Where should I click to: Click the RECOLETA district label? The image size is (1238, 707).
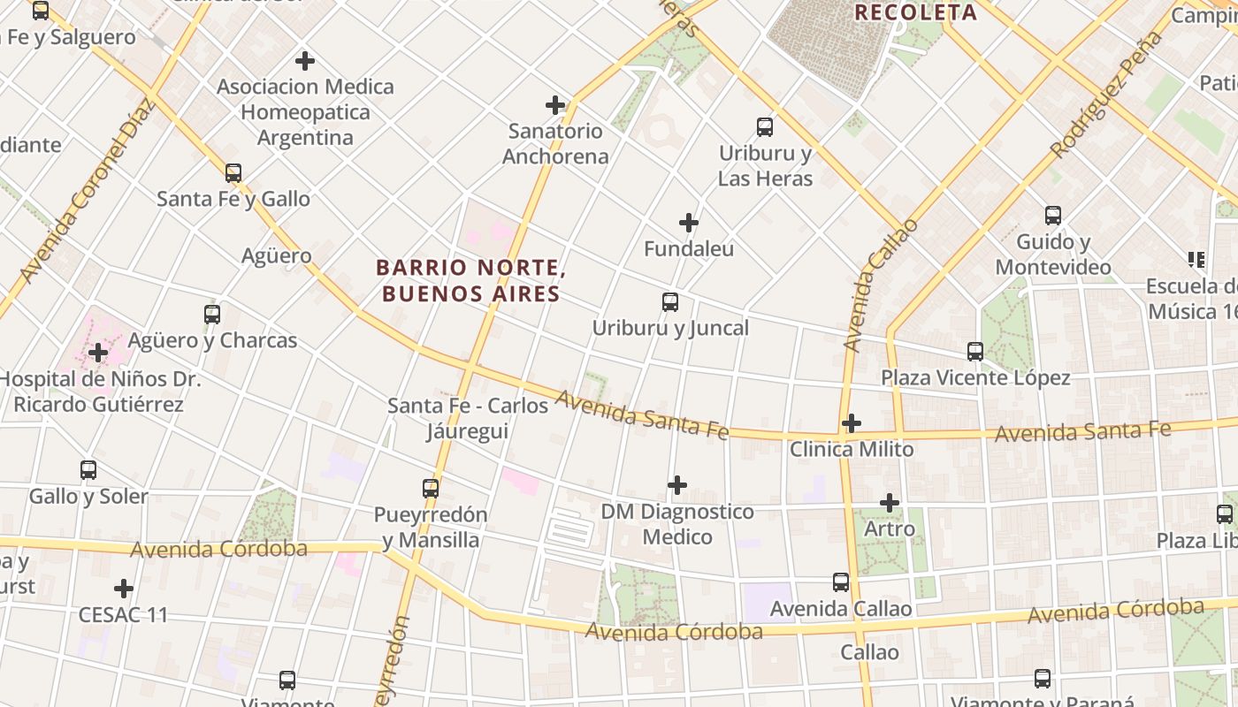915,12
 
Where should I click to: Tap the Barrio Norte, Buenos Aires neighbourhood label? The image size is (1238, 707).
470,280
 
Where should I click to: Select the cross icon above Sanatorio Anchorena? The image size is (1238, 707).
555,105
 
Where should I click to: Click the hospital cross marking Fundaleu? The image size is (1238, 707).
689,223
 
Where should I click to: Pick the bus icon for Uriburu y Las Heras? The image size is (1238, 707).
765,127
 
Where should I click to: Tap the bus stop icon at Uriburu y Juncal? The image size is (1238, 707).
670,302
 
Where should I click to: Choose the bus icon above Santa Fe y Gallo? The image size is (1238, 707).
233,173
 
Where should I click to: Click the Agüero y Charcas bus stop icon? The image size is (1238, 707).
212,315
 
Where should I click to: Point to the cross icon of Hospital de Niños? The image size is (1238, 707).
98,353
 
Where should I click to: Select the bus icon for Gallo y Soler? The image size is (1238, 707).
88,470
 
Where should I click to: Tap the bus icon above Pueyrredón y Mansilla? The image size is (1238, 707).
431,489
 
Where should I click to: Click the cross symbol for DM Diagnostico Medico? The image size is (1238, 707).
677,485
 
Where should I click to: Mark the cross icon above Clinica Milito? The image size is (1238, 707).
852,423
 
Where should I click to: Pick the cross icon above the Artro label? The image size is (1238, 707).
890,503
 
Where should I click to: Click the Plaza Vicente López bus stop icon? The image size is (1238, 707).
975,352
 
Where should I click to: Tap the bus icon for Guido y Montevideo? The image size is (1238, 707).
1053,216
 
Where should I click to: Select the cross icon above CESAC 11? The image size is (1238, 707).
124,589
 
